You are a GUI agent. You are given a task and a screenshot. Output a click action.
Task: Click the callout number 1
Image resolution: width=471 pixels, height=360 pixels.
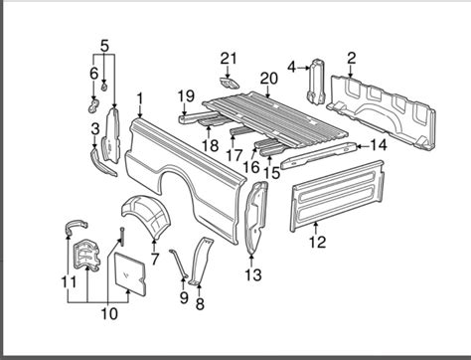click(140, 99)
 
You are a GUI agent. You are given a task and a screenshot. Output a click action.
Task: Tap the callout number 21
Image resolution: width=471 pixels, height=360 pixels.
click(229, 59)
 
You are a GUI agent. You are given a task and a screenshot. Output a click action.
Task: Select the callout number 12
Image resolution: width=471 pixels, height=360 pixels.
click(317, 242)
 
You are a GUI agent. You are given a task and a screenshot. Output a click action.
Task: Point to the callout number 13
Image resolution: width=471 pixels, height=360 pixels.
click(253, 275)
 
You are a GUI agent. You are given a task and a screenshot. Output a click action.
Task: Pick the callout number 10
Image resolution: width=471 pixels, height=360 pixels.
click(109, 313)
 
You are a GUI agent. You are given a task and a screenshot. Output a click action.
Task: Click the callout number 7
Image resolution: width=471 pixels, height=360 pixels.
click(155, 259)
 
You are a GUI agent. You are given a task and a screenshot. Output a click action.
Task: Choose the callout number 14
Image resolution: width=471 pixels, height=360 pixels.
click(378, 145)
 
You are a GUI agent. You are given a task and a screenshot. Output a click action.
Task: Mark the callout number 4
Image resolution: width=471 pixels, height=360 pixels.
click(291, 68)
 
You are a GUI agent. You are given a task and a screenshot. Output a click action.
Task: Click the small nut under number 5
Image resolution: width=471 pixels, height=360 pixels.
click(104, 88)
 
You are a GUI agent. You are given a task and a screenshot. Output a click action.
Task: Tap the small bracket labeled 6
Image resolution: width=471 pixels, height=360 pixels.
click(93, 105)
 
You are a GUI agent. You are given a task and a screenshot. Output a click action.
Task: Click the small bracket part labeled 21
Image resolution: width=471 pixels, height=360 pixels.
click(229, 84)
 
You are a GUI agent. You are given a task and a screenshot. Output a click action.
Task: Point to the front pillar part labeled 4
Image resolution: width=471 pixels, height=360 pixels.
click(316, 82)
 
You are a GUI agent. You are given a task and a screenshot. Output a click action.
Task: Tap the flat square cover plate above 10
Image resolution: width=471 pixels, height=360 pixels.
click(130, 272)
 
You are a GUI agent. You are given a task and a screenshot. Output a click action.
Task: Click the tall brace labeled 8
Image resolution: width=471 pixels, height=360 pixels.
click(200, 261)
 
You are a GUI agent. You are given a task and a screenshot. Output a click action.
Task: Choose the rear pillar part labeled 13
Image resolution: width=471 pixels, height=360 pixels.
click(255, 218)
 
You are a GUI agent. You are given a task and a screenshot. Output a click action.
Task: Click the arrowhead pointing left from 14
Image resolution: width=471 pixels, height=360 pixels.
click(359, 145)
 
